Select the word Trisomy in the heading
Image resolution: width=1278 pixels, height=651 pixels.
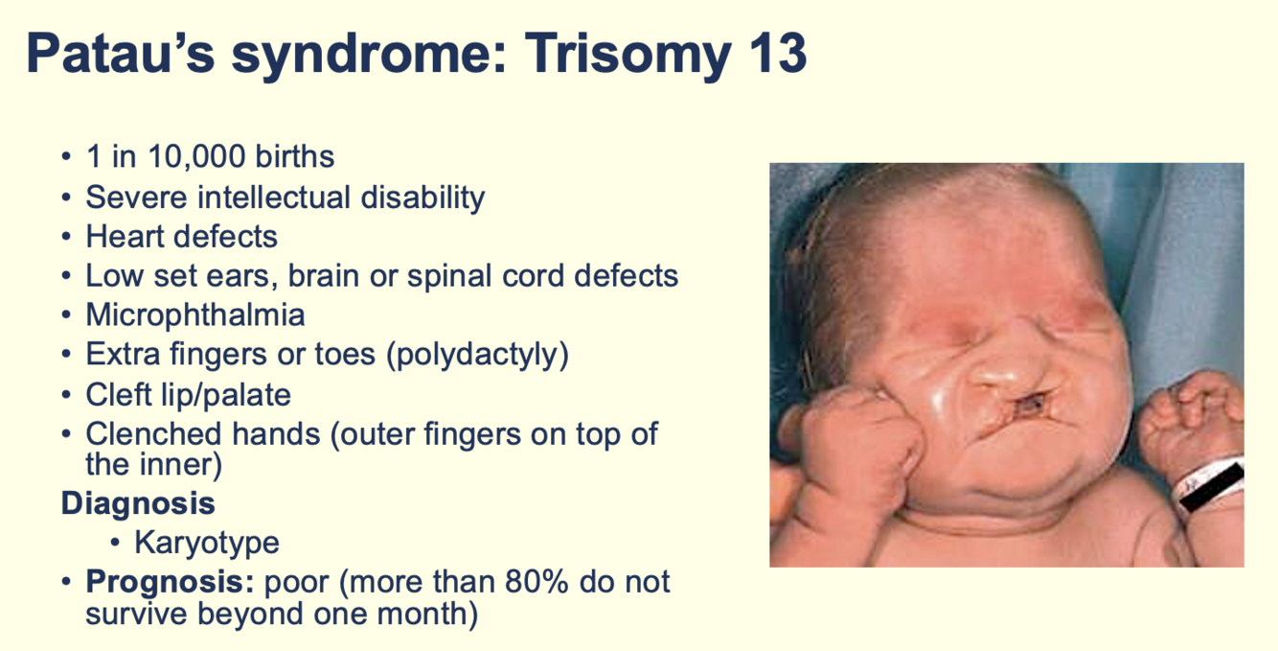tap(628, 55)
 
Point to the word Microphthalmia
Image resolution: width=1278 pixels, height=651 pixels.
tap(195, 314)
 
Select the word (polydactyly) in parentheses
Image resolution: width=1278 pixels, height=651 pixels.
tap(477, 355)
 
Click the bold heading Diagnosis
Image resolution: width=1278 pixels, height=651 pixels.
tap(138, 503)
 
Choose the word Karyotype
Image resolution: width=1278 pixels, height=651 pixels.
tap(207, 543)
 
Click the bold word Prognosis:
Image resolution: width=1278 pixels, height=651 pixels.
tap(170, 583)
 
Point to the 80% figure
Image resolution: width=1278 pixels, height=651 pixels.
tap(536, 582)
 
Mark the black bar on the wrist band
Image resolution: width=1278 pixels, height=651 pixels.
tap(1211, 487)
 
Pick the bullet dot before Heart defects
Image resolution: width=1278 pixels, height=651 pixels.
tap(66, 237)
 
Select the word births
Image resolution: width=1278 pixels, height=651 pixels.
tap(294, 156)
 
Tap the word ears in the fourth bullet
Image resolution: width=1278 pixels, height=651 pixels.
tap(242, 277)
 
